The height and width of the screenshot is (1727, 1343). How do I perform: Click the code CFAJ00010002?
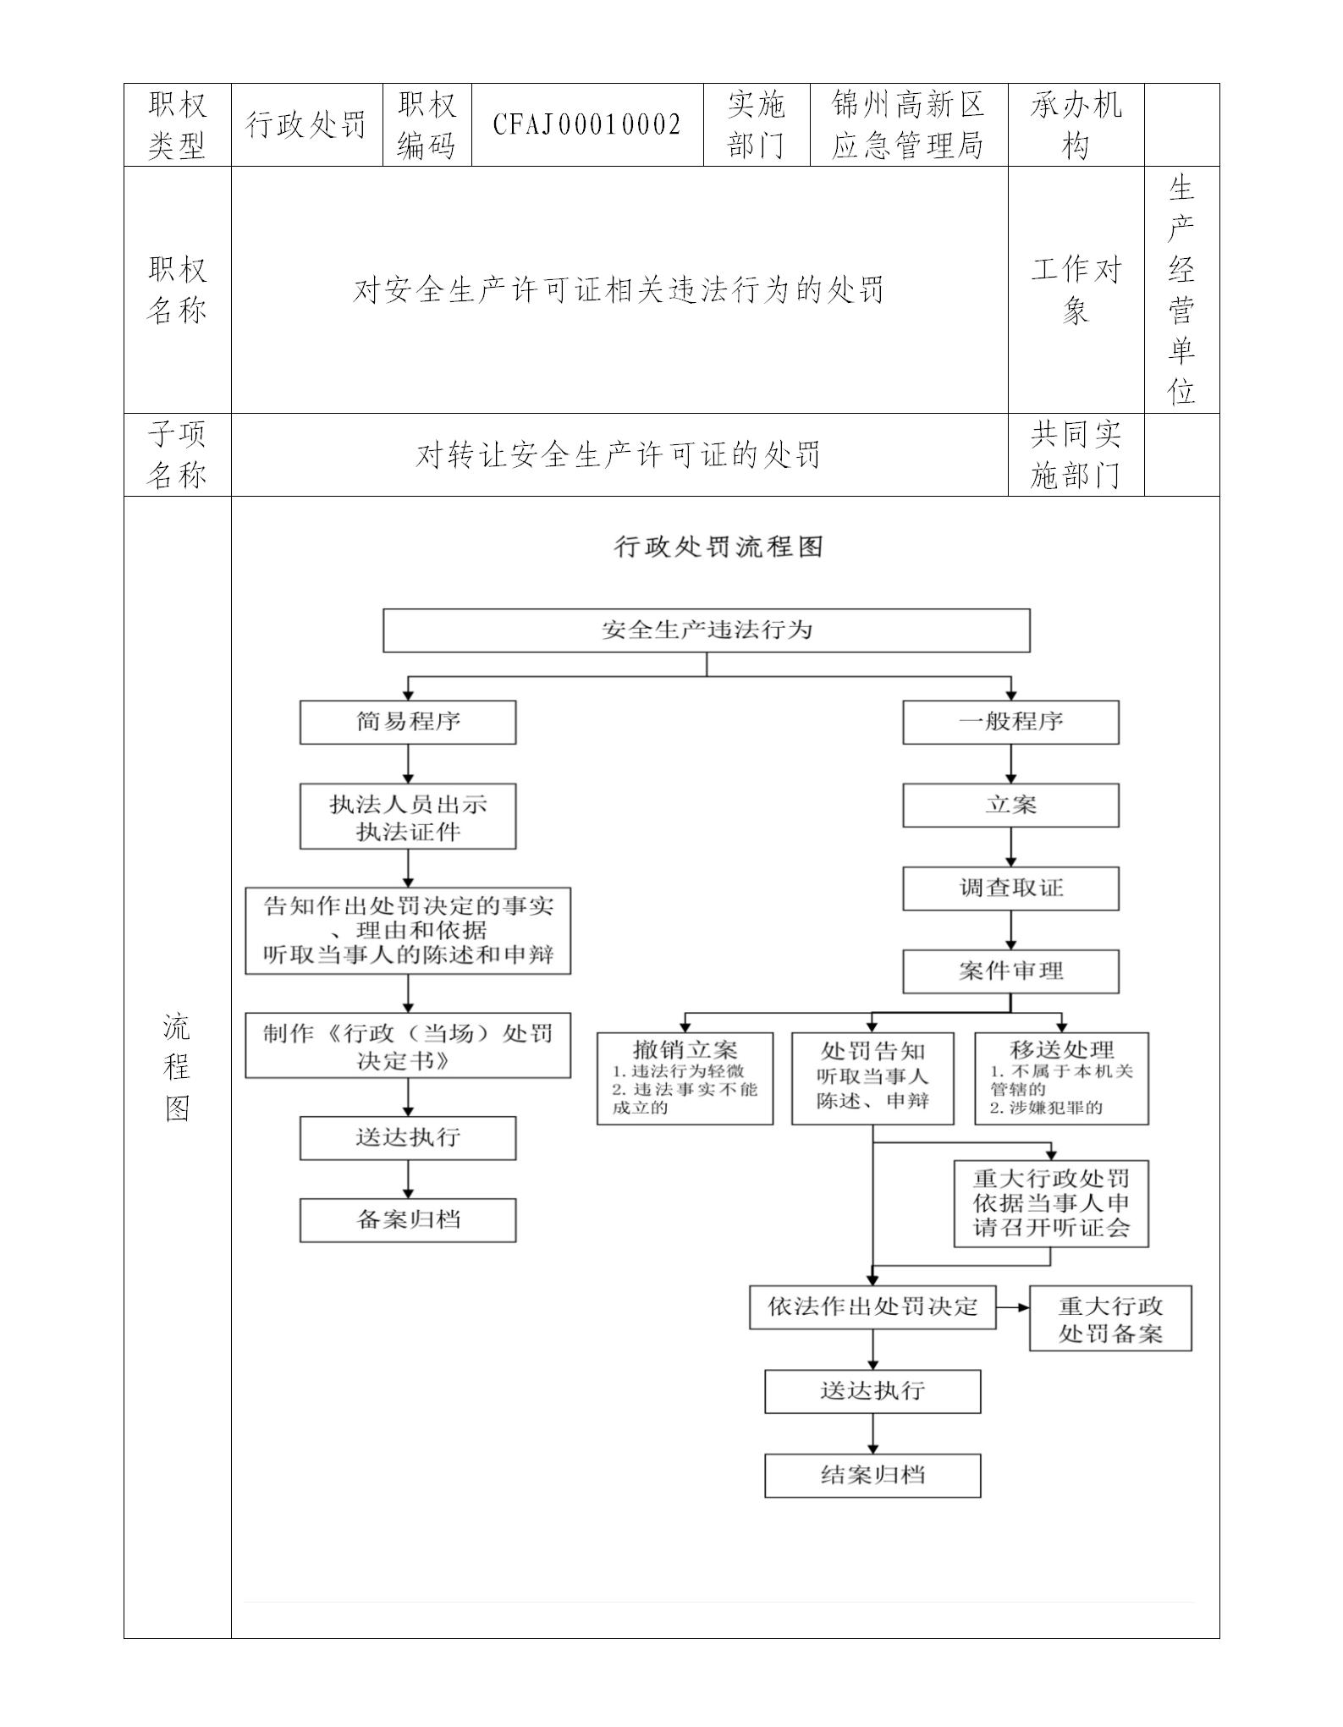click(x=586, y=125)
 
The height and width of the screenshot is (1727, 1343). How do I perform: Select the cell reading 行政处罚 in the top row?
click(x=306, y=125)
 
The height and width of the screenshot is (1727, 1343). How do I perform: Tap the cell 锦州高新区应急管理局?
click(x=908, y=125)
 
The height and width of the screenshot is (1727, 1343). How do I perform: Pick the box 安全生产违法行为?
click(x=706, y=630)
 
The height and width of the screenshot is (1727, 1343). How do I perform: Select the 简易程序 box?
click(x=408, y=723)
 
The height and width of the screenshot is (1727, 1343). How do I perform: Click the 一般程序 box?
click(x=1010, y=723)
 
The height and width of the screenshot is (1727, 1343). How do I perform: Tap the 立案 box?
click(x=1010, y=805)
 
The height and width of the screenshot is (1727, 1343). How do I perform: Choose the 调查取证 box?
click(x=1010, y=888)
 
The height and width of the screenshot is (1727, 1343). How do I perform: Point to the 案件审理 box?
click(x=1010, y=971)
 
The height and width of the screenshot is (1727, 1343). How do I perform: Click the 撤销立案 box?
click(x=685, y=1078)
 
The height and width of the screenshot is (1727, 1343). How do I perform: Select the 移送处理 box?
click(x=1061, y=1078)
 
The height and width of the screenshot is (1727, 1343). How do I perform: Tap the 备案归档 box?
click(x=408, y=1220)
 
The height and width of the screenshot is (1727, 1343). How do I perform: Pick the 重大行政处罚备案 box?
click(x=1110, y=1319)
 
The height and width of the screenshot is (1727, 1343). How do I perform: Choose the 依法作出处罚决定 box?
click(x=872, y=1307)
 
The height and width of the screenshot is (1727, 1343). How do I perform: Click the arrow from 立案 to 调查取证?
click(x=1010, y=846)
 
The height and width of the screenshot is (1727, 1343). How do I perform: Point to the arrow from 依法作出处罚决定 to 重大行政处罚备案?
click(x=1013, y=1307)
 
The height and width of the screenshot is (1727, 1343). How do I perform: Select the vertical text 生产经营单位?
click(x=1181, y=289)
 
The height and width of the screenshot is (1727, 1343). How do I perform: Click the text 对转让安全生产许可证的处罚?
click(x=619, y=455)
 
